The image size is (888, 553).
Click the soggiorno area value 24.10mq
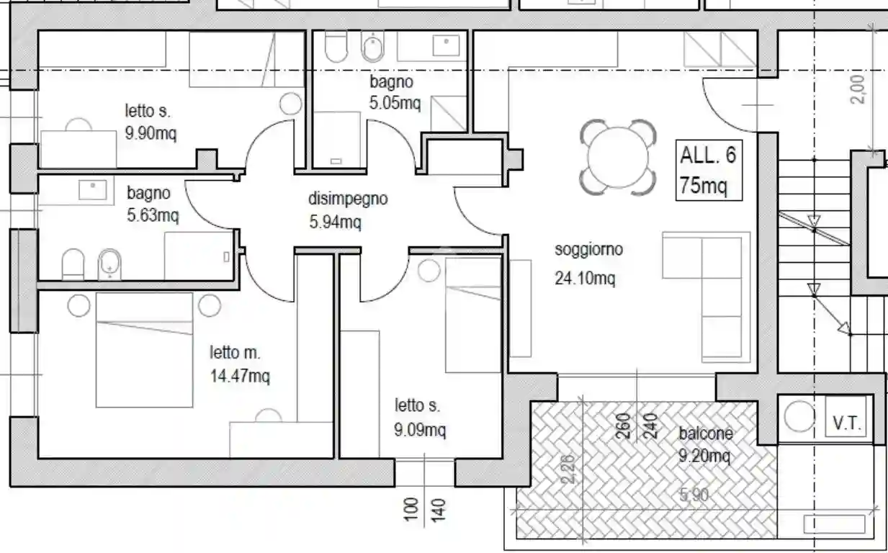click(x=585, y=278)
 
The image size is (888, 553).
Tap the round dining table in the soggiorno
click(x=618, y=158)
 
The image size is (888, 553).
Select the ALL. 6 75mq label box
click(x=709, y=170)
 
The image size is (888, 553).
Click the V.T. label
click(x=846, y=423)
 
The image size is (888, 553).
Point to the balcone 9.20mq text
click(x=706, y=444)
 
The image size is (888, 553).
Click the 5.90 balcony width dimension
click(x=694, y=495)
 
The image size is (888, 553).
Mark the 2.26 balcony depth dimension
click(x=568, y=469)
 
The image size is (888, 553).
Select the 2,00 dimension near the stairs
click(x=858, y=89)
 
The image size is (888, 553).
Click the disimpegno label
click(x=348, y=199)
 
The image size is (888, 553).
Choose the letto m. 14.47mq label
click(x=239, y=364)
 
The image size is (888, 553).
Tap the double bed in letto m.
click(x=144, y=350)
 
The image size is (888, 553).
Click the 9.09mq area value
click(x=420, y=430)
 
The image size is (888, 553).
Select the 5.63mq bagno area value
click(x=153, y=215)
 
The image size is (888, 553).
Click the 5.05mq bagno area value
click(x=395, y=103)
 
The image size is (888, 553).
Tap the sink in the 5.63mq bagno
click(x=92, y=190)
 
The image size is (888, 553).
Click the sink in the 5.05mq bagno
click(x=446, y=45)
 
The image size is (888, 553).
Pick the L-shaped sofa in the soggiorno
click(x=706, y=297)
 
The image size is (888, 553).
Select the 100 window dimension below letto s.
click(x=411, y=509)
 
